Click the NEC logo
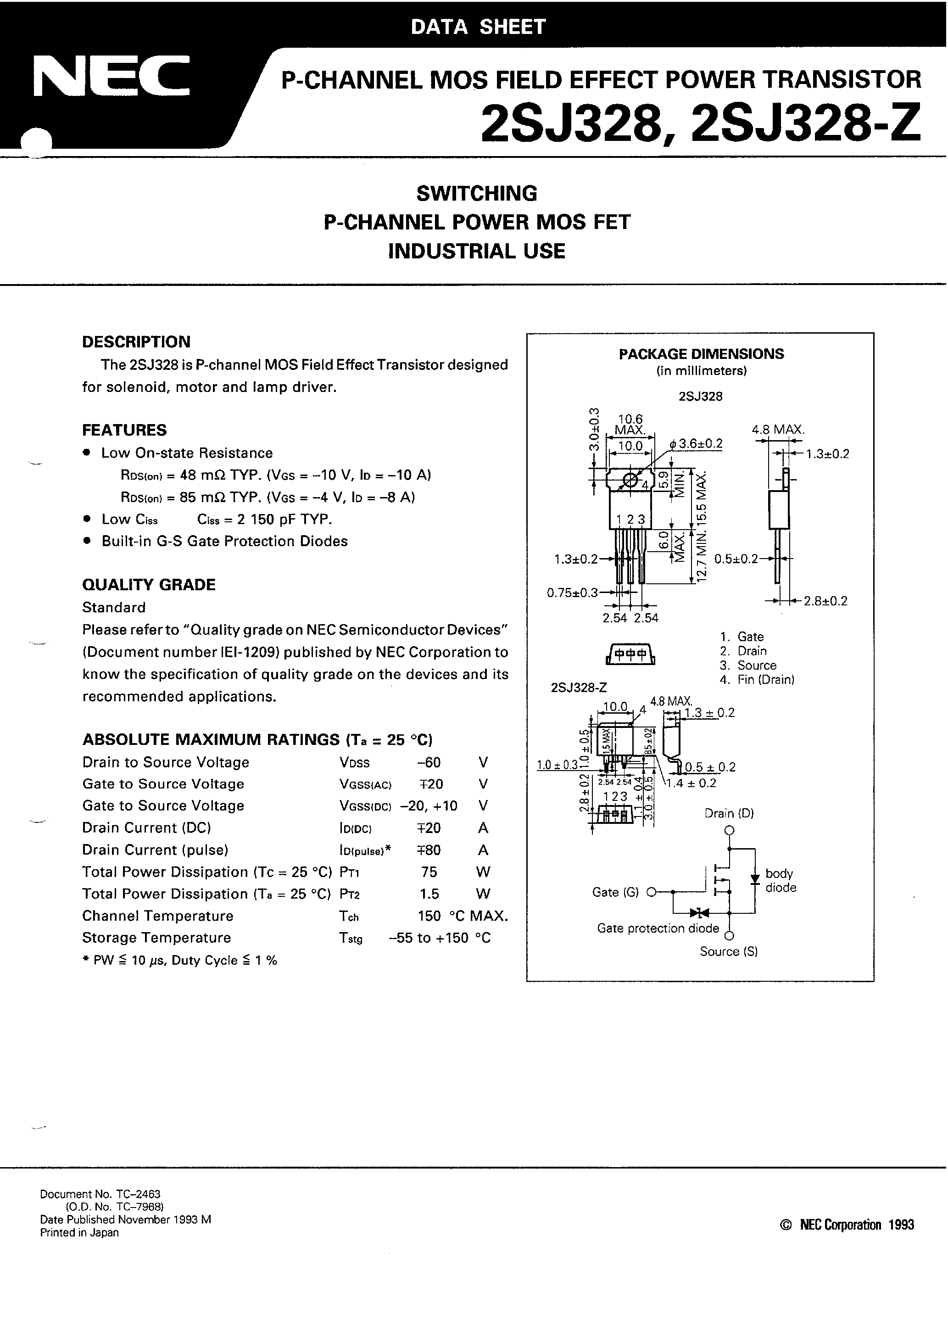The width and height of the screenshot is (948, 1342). [111, 77]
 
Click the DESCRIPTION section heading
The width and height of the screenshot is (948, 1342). [136, 342]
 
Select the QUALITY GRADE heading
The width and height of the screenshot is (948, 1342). [149, 585]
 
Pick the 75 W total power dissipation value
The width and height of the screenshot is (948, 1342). [429, 872]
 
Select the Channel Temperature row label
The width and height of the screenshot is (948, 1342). [158, 916]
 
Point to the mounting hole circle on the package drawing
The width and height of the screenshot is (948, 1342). [630, 481]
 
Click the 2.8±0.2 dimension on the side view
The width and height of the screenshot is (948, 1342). [825, 601]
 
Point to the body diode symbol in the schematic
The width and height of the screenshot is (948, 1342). [754, 879]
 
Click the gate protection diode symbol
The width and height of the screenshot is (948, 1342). [698, 912]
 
